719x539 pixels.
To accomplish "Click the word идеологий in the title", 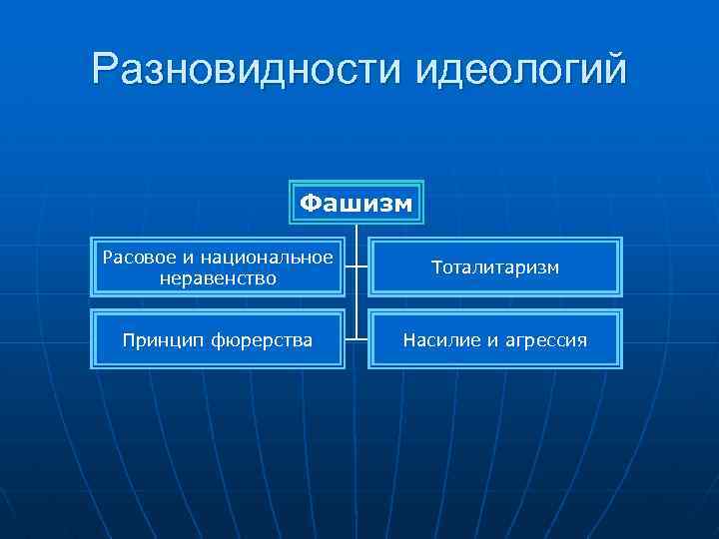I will tap(519, 70).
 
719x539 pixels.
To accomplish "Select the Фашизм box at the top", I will tap(357, 204).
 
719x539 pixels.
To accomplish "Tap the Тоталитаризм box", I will tap(494, 268).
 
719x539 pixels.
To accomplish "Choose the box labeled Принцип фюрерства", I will tap(218, 340).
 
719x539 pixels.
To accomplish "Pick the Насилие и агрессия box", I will tap(494, 340).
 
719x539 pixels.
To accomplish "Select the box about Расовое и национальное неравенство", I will tap(218, 268).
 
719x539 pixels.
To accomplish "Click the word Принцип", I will tap(160, 341).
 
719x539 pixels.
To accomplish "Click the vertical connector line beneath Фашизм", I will tap(357, 299).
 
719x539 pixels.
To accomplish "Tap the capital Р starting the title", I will tap(106, 70).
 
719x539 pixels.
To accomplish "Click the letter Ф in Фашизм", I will tap(310, 204).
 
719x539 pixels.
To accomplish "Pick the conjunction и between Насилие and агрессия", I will tap(484, 341).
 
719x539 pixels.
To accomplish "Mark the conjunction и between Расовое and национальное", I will tap(183, 258).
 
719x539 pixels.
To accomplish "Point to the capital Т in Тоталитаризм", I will tap(436, 268).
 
